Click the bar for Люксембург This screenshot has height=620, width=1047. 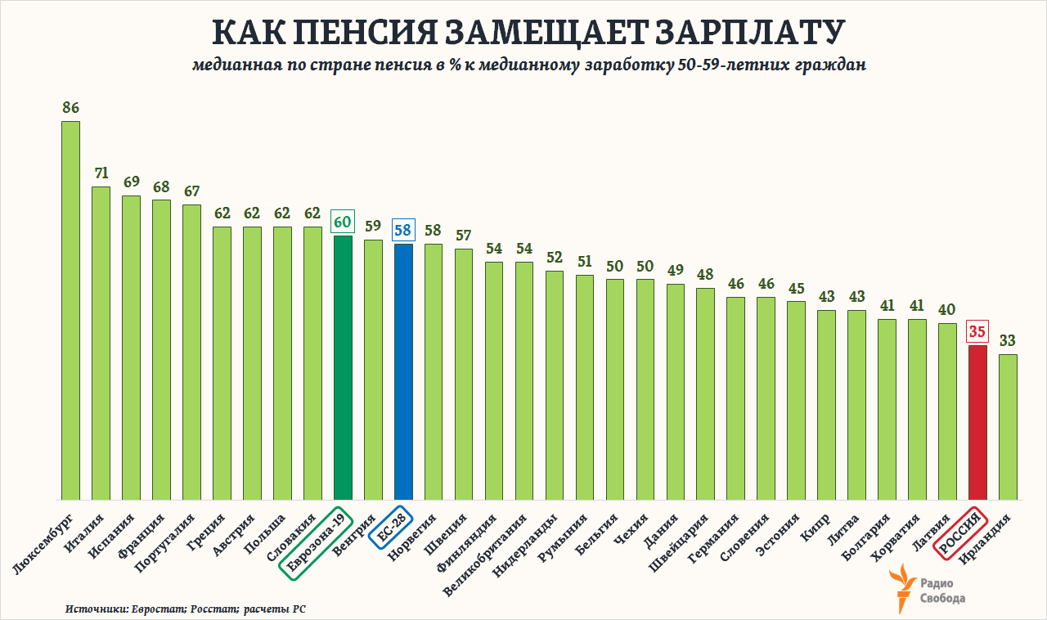pos(70,311)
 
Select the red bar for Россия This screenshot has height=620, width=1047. pos(977,422)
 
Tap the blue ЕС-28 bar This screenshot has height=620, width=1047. pos(403,371)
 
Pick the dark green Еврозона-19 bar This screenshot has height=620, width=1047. pos(343,367)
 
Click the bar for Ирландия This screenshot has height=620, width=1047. pos(1008,426)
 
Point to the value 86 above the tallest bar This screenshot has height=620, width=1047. pos(70,107)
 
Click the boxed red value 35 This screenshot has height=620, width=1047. pos(977,331)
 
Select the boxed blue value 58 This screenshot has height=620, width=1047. pos(403,230)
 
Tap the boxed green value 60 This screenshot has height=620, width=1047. pos(343,222)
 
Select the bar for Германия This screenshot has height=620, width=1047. pos(735,398)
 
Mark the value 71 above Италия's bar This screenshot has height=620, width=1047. pos(101,173)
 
